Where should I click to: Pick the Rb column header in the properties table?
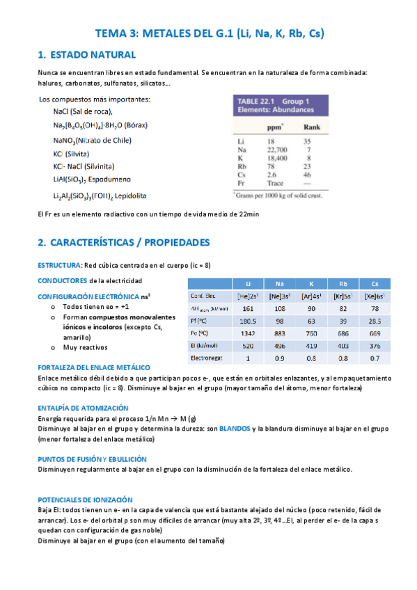[343, 284]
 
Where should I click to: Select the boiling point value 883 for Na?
[279, 333]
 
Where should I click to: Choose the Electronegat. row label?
[207, 358]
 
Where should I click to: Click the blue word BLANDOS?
[235, 429]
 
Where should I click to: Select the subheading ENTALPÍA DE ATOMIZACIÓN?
[82, 408]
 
